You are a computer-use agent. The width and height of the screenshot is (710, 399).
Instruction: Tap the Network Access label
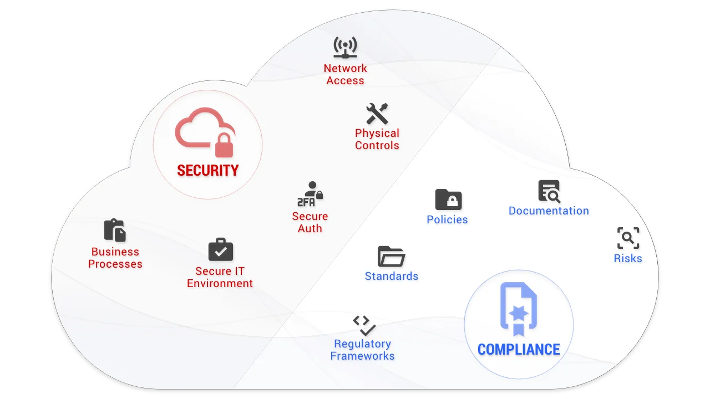tap(345, 74)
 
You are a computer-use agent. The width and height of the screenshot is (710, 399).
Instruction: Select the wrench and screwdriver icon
tap(377, 114)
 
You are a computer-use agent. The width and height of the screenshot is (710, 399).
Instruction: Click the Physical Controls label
tap(377, 139)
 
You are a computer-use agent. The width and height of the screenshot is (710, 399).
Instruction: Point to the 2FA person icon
tap(310, 194)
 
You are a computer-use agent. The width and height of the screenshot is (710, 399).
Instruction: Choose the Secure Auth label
tap(310, 222)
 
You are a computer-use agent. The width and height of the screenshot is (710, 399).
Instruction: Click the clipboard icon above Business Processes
tap(115, 231)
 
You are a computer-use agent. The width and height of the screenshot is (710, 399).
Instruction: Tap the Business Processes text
tap(115, 258)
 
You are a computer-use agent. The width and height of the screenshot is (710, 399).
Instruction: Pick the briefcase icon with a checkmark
tap(220, 250)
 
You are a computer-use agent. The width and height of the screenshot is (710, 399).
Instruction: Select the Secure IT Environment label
tap(220, 277)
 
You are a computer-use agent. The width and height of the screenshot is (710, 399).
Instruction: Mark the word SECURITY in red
tap(207, 171)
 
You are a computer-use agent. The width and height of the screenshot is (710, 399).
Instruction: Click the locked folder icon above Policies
tap(448, 199)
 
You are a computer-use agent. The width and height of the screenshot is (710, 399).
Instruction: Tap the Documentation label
tap(549, 211)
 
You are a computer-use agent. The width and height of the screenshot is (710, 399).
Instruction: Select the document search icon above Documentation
tap(549, 191)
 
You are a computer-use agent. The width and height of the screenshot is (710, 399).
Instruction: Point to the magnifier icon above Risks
tap(628, 238)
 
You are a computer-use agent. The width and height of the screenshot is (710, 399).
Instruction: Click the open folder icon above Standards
tap(391, 257)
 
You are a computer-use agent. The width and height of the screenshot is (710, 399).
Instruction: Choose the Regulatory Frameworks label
tap(362, 350)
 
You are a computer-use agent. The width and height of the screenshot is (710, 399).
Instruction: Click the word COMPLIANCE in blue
tap(519, 350)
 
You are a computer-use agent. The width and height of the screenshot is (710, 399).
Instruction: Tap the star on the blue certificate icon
tap(519, 313)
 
